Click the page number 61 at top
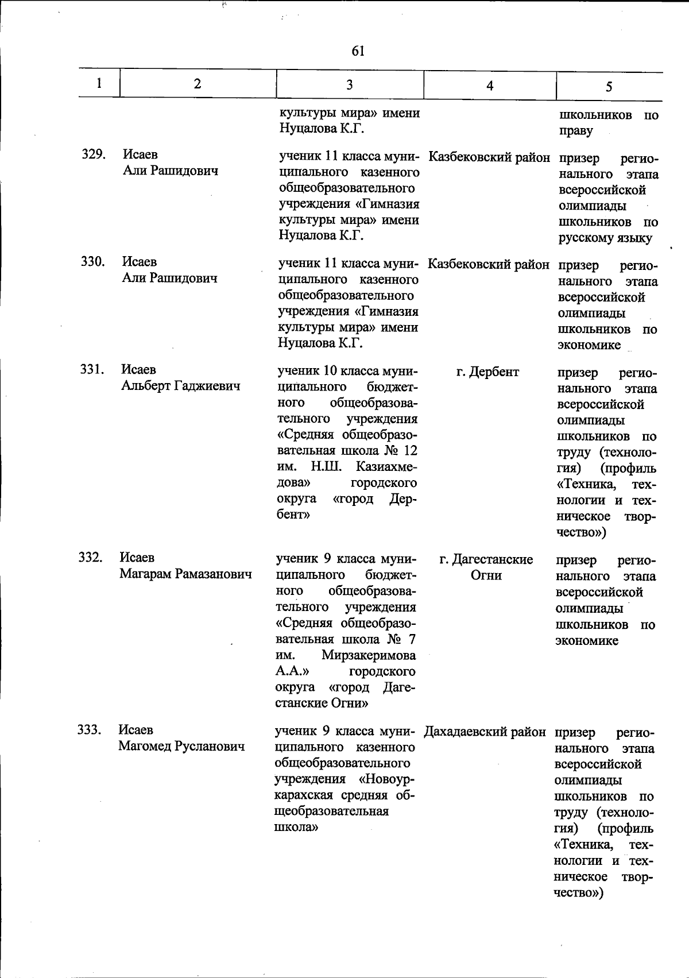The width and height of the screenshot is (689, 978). tap(358, 51)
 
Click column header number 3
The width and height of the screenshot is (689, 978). tap(349, 84)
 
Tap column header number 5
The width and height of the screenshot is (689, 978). tap(609, 86)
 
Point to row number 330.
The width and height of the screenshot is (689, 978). tap(92, 262)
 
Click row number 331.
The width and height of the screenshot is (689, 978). tap(91, 370)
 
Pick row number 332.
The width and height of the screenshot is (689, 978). tap(91, 558)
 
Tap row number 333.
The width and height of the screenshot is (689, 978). tap(90, 730)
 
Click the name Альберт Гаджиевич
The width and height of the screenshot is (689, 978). tap(180, 386)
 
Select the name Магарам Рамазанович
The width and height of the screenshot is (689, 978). tap(185, 574)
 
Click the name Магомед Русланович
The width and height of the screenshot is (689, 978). tap(181, 746)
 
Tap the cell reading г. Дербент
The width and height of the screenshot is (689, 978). tap(487, 372)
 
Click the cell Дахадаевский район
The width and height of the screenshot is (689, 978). tap(485, 732)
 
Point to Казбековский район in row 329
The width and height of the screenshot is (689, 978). tap(489, 157)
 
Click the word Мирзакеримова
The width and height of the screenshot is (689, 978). tap(369, 655)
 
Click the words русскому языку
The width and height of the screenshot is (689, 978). tap(605, 238)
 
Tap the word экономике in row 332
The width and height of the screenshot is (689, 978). tap(586, 641)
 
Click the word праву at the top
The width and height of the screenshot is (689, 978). tap(575, 131)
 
